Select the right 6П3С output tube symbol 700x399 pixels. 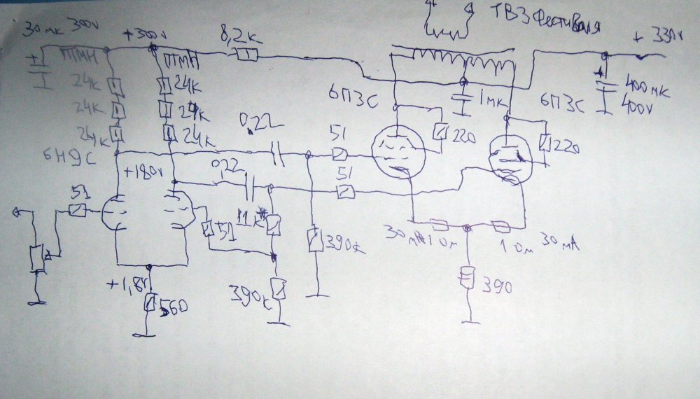tap(510, 157)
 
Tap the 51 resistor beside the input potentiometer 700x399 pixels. tap(77, 209)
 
